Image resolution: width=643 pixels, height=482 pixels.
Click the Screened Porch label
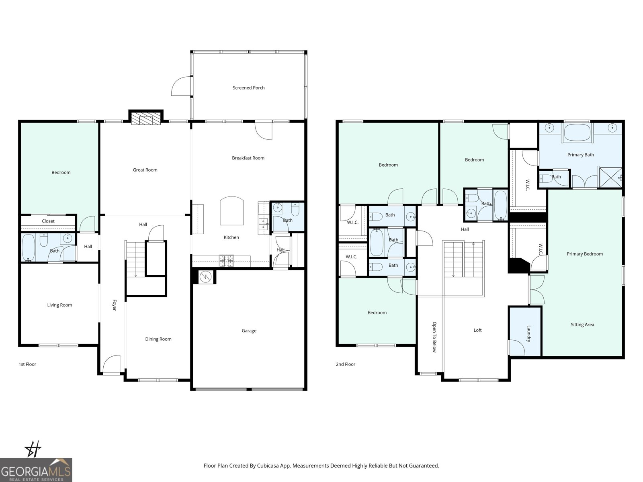[248, 88]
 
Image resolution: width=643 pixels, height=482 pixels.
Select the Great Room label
[145, 170]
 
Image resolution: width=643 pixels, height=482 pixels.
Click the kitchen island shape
[231, 211]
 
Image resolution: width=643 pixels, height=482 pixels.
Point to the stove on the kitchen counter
[226, 261]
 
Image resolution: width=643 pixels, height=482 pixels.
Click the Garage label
[249, 331]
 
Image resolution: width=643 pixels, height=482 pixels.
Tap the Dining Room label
[158, 339]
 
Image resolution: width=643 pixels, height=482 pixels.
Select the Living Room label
[59, 305]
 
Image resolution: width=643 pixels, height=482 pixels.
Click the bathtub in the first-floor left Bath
[29, 248]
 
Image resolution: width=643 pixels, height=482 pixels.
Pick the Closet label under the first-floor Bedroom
[48, 221]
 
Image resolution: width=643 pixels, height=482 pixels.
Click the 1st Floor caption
[27, 364]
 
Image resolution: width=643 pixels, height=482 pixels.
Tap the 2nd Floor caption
[346, 364]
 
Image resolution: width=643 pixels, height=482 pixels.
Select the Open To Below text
[434, 337]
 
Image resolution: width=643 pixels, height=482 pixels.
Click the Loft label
[477, 330]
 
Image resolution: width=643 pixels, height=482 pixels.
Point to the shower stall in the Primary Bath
[610, 177]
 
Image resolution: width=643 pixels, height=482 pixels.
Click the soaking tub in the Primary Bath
[577, 132]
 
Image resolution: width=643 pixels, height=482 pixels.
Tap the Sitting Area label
[582, 325]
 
